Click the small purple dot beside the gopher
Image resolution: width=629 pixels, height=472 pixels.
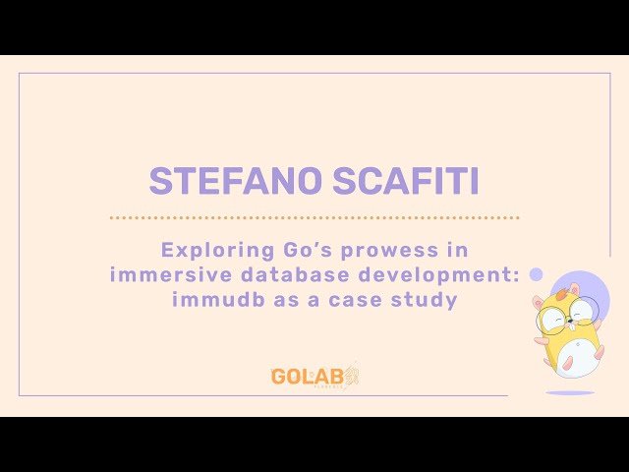[x=537, y=274]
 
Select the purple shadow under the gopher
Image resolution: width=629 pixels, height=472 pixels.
[x=570, y=392]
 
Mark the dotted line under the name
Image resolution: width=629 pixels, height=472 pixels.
[x=314, y=217]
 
